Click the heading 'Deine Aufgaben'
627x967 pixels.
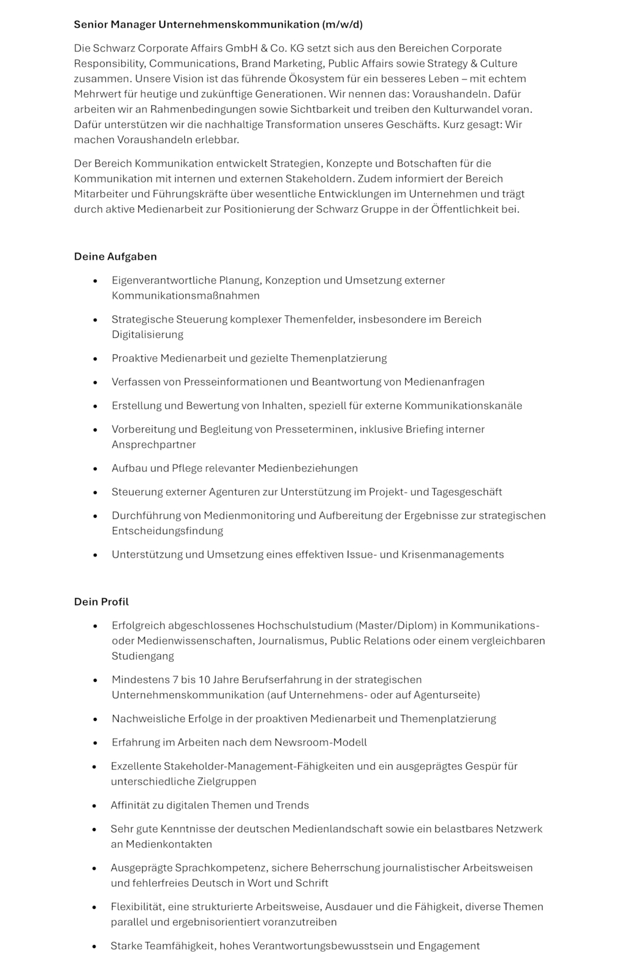pos(115,256)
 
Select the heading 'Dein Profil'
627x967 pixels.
pos(101,602)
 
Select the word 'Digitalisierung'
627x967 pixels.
pos(147,334)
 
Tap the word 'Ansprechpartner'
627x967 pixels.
pos(154,444)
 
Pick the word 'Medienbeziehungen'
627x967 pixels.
pos(307,468)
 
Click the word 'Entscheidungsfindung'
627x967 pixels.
pos(167,531)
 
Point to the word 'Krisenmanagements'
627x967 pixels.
pos(452,554)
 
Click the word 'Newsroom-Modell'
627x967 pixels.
pos(320,742)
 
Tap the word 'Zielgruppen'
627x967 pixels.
pos(227,782)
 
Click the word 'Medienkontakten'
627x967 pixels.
pos(169,844)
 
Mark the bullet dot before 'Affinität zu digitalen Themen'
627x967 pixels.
pos(95,806)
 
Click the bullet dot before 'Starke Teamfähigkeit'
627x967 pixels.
pos(95,947)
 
